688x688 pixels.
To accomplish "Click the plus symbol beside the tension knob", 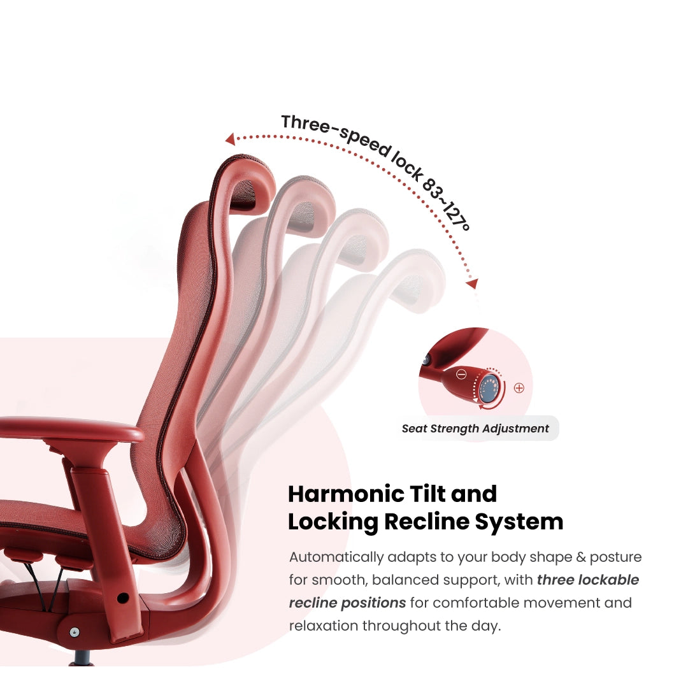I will [x=519, y=387].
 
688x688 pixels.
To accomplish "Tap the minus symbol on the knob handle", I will [x=461, y=375].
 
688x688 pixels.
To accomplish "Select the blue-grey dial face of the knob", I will [x=489, y=387].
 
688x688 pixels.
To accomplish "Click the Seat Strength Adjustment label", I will [x=475, y=429].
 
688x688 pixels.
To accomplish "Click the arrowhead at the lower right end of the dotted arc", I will [x=472, y=283].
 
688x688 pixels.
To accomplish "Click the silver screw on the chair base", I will [x=75, y=632].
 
